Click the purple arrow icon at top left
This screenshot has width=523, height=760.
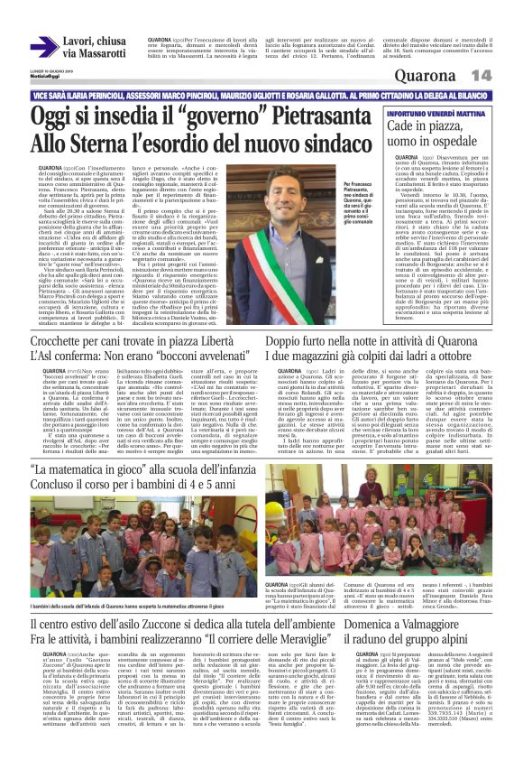(44, 47)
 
